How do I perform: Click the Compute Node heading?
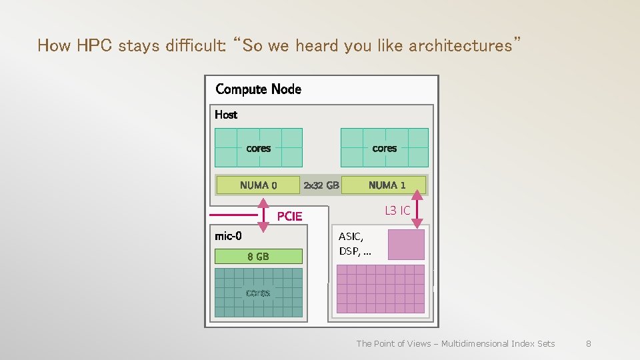click(258, 89)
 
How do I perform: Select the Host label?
click(226, 115)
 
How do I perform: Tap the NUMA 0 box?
click(259, 185)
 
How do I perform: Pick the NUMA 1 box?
click(387, 185)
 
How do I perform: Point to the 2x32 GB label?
click(321, 185)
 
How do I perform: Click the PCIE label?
click(289, 216)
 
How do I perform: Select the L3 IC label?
click(397, 211)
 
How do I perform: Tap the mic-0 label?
click(229, 236)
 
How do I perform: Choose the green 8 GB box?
click(258, 256)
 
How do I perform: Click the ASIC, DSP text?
click(355, 244)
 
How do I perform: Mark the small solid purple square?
click(406, 245)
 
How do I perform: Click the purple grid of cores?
click(381, 289)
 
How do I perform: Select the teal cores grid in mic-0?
click(258, 293)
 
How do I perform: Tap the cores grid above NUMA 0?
click(258, 148)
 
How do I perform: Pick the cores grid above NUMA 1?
click(385, 148)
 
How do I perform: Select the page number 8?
click(588, 343)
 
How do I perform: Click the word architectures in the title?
click(460, 46)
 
